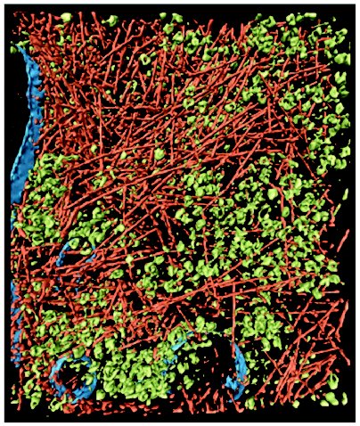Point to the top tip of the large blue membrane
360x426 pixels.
coord(20,49)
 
